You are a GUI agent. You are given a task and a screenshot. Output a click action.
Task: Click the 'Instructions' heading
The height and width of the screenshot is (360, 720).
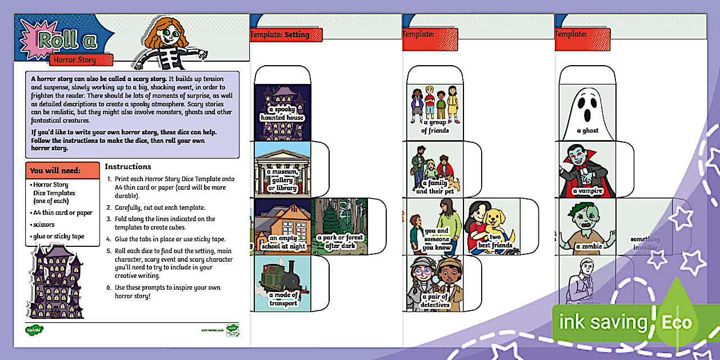[x=128, y=167]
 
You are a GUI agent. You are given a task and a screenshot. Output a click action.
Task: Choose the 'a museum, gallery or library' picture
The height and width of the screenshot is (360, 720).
[x=282, y=169]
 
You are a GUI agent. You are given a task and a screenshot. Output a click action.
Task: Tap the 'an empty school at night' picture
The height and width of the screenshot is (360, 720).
[x=282, y=226]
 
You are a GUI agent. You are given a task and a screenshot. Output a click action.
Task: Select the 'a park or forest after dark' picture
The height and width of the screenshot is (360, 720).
[x=339, y=226]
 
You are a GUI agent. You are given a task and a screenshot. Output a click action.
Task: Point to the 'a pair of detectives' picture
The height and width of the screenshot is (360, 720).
[x=435, y=283]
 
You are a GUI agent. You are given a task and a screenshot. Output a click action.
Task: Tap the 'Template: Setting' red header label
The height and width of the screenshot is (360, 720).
[x=286, y=35]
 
